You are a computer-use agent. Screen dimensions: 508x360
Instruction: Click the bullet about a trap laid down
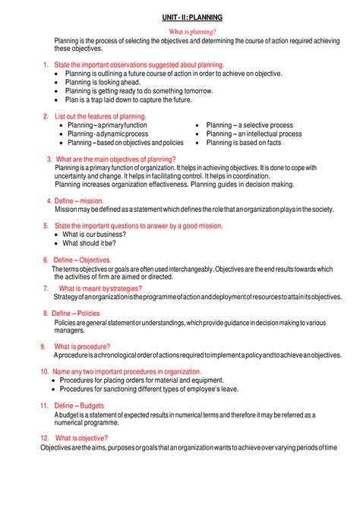tap(129, 99)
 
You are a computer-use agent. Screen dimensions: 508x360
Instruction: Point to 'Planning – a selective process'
tap(249, 125)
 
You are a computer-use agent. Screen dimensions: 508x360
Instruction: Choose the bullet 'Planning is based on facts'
tap(243, 143)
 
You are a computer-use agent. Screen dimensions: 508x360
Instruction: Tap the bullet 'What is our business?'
tap(94, 235)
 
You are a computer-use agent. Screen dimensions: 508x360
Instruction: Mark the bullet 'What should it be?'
tap(89, 244)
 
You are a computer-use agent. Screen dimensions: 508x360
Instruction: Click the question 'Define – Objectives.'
tap(83, 260)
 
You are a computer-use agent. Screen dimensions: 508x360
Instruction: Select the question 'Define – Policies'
tap(75, 313)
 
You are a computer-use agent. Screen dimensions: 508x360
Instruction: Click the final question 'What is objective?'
tap(81, 438)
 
